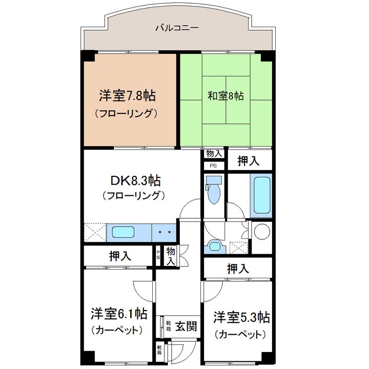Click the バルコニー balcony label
pos(177,28)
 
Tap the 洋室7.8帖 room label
pos(127,96)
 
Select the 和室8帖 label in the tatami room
pos(225,96)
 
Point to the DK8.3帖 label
pos(136,181)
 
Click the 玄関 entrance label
pos(186,326)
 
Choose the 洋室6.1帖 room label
pos(119,314)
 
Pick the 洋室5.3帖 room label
pos(242,317)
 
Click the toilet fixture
pos(214,190)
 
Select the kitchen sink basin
pos(123,232)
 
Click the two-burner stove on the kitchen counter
pos(164,233)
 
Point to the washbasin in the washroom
pos(214,247)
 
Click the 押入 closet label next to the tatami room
pos(249,161)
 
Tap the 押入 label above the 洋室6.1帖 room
pos(120,256)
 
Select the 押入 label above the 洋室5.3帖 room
pos(238,269)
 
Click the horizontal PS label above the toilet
pos(213,166)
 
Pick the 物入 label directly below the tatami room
pos(214,153)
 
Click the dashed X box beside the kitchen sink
pos(95,232)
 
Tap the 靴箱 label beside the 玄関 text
pos(169,326)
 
